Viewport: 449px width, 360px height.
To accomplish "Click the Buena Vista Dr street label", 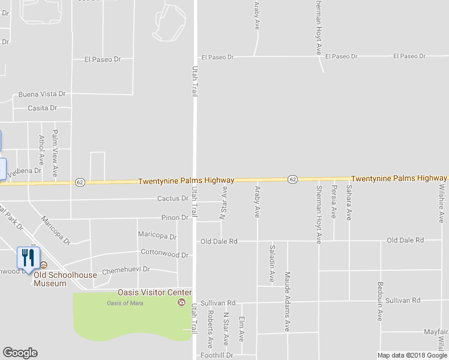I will [x=41, y=94].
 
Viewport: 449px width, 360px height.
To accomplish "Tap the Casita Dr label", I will [x=42, y=108].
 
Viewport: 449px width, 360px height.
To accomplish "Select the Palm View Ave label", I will [x=55, y=153].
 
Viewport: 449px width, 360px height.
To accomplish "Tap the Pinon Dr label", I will [x=175, y=218].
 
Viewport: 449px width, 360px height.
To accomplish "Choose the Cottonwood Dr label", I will [x=164, y=254].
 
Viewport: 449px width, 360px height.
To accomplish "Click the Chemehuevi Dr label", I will [x=125, y=271].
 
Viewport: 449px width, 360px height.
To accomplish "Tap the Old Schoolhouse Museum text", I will [x=58, y=279].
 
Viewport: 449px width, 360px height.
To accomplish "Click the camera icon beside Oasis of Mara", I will [x=181, y=302].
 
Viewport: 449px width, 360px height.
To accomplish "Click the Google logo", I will [x=19, y=353].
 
